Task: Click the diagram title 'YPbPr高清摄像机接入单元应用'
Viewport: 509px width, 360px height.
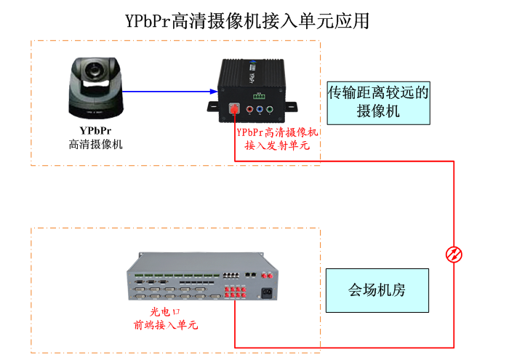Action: pyautogui.click(x=247, y=20)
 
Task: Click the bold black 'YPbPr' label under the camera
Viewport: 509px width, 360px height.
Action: pyautogui.click(x=95, y=131)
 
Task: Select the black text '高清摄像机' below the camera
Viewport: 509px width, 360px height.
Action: pyautogui.click(x=95, y=144)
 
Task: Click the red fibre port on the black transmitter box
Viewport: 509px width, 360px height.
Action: pyautogui.click(x=235, y=110)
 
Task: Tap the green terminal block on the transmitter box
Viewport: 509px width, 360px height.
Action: pyautogui.click(x=260, y=95)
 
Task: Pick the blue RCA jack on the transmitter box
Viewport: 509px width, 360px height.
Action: pyautogui.click(x=260, y=111)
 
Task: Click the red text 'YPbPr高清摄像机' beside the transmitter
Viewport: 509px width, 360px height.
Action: pyautogui.click(x=278, y=132)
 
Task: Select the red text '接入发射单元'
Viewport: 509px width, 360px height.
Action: pyautogui.click(x=277, y=145)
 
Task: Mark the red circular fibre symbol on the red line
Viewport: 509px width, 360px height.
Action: pyautogui.click(x=454, y=254)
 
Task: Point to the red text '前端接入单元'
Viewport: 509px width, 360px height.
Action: pyautogui.click(x=165, y=325)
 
